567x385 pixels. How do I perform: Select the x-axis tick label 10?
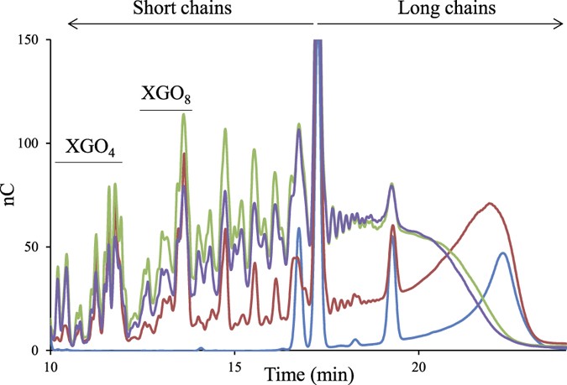[50, 367]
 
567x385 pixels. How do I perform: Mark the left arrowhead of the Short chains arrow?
[71, 26]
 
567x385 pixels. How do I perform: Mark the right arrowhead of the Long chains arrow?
[561, 26]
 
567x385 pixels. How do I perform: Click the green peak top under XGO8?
[183, 114]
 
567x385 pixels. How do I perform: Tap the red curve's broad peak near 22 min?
[489, 203]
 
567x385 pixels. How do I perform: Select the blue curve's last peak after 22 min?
[502, 252]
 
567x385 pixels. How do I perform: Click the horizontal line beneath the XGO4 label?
[88, 162]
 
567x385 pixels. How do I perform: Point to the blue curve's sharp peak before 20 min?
[393, 237]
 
